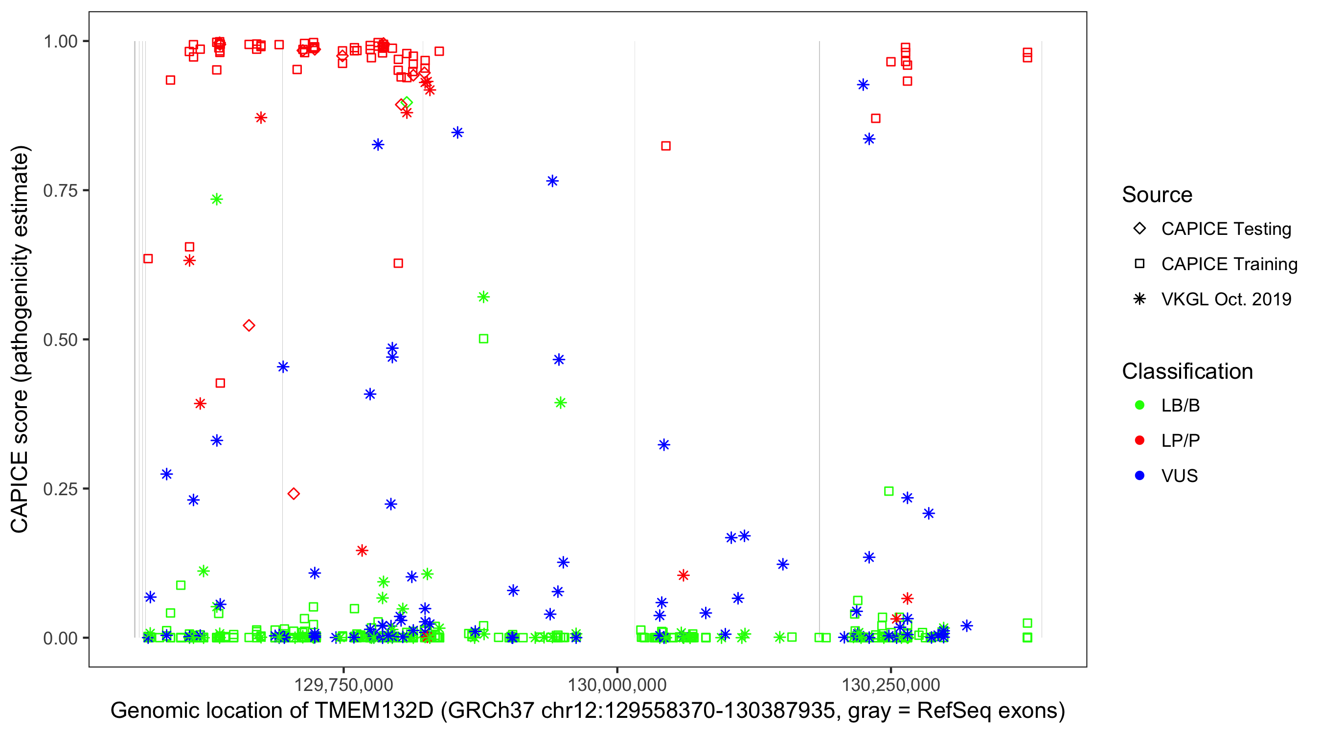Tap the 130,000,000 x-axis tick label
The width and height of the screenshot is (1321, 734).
tap(617, 685)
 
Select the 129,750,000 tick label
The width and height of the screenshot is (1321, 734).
tap(343, 685)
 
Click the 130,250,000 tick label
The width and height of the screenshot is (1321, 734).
tap(891, 685)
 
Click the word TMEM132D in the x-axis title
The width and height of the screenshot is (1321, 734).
tap(374, 711)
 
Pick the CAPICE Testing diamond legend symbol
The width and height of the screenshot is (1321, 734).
tap(1139, 229)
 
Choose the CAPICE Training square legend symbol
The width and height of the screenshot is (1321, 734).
tap(1139, 264)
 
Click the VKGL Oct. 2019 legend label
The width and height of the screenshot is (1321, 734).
tap(1226, 299)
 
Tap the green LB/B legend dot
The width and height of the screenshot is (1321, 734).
tap(1139, 405)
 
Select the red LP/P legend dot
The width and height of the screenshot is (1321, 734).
tap(1139, 440)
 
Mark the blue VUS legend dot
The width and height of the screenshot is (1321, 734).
tap(1139, 476)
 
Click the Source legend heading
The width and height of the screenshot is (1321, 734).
tap(1157, 195)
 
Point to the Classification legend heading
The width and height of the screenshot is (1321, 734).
tap(1187, 371)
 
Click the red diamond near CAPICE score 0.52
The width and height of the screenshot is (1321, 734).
tap(249, 326)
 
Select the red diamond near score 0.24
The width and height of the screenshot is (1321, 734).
tap(294, 494)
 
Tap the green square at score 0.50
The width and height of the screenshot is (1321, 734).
tap(483, 339)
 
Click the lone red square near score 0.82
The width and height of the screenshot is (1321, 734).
tap(665, 146)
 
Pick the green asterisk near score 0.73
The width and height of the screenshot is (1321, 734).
tap(216, 200)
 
